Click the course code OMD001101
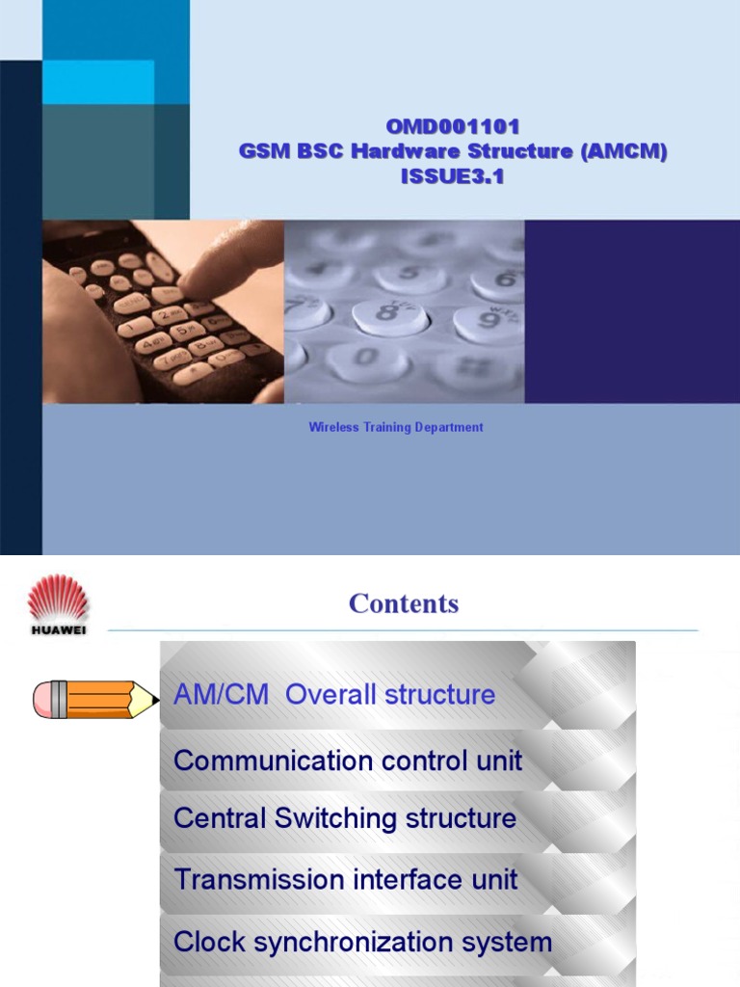click(x=453, y=126)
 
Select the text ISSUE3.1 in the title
click(x=452, y=176)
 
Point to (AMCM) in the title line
click(x=623, y=151)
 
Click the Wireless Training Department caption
click(x=396, y=427)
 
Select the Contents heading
click(x=404, y=603)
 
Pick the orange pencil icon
click(x=95, y=699)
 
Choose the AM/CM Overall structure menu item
click(x=334, y=695)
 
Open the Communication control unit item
click(x=348, y=760)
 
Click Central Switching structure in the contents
click(x=345, y=819)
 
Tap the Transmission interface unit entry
click(x=346, y=880)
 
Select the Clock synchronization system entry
click(x=363, y=942)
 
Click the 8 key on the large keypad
click(x=387, y=314)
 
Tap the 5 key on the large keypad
click(x=410, y=276)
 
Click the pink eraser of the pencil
click(x=42, y=700)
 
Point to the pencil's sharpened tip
click(x=154, y=699)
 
